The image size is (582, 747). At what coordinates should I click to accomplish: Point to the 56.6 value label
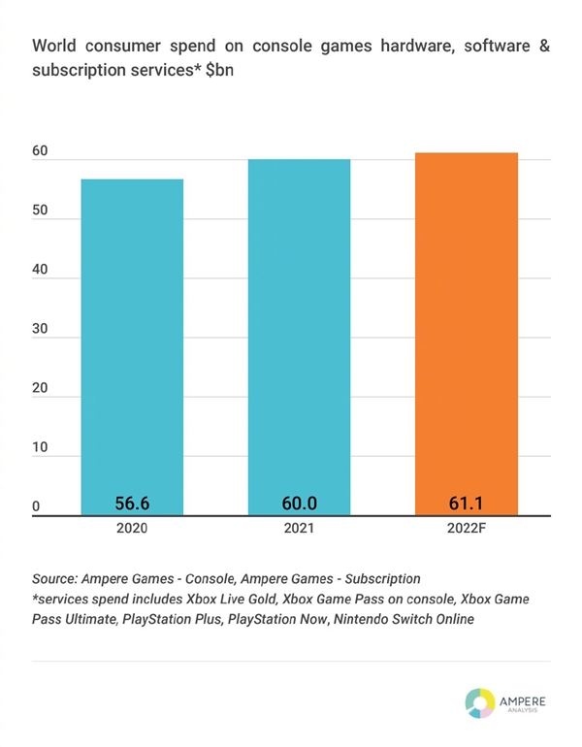(132, 503)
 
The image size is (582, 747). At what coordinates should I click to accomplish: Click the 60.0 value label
(299, 503)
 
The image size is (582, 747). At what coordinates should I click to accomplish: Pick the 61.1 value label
(466, 503)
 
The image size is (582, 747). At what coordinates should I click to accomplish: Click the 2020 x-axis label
(132, 531)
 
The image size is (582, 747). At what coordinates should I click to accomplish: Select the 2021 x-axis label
(299, 531)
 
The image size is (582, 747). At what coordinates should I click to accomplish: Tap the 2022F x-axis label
(466, 531)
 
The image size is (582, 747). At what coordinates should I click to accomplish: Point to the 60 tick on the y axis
(39, 151)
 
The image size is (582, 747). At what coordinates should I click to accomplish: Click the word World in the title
(56, 45)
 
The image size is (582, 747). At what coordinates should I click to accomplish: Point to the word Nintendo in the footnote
(372, 619)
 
